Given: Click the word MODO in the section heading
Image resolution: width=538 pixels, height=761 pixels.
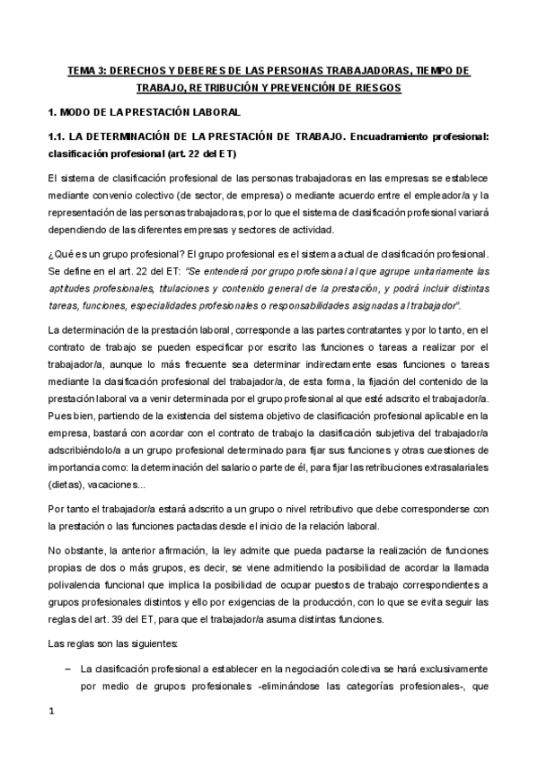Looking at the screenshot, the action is (75, 113).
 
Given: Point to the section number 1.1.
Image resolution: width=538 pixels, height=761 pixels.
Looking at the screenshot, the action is (57, 137).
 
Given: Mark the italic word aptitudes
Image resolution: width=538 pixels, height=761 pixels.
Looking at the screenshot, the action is (68, 288).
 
